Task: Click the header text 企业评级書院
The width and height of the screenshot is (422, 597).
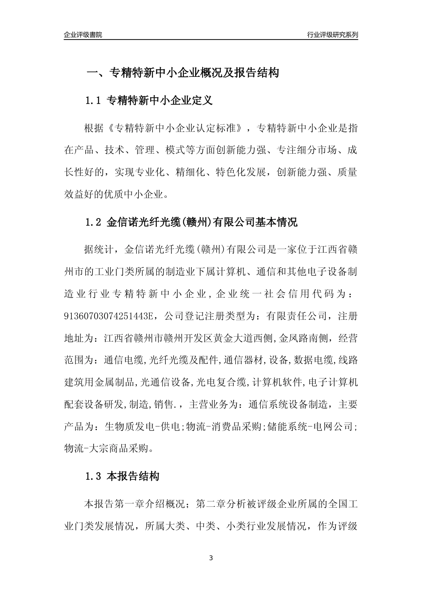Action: pyautogui.click(x=83, y=34)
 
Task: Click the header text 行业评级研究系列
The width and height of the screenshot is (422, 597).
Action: pyautogui.click(x=332, y=34)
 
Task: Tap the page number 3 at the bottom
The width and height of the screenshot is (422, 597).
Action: pyautogui.click(x=211, y=558)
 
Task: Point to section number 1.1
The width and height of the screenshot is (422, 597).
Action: pyautogui.click(x=94, y=101)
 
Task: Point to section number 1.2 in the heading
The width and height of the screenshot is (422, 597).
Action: pyautogui.click(x=94, y=222)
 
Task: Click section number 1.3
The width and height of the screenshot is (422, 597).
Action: pyautogui.click(x=94, y=477)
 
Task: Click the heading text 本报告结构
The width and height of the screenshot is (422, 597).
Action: pyautogui.click(x=133, y=477)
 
